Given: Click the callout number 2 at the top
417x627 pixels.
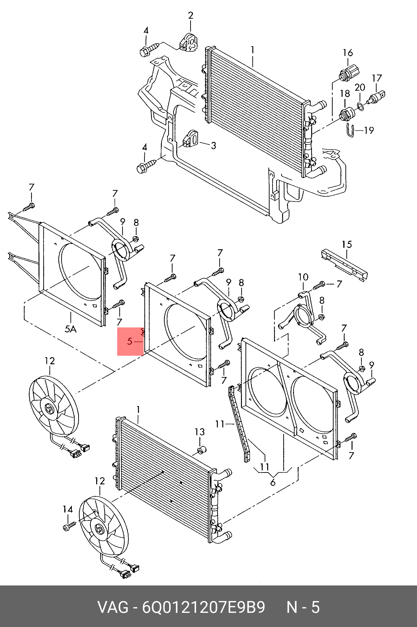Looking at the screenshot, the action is point(190,15).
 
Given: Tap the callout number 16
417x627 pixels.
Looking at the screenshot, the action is point(348,53).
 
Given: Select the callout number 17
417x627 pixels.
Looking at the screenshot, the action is point(377,78).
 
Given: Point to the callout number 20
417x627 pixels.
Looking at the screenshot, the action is point(360,87).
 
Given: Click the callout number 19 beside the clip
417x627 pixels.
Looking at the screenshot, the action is point(369,130).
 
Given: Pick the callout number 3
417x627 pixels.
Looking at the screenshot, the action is point(214,145).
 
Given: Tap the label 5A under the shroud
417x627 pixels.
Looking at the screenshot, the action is point(70,329).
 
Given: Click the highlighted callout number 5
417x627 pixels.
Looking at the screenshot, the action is point(129,341).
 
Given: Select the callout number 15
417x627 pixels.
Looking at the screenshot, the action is point(347,244).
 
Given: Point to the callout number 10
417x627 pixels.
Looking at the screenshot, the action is point(303,277).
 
